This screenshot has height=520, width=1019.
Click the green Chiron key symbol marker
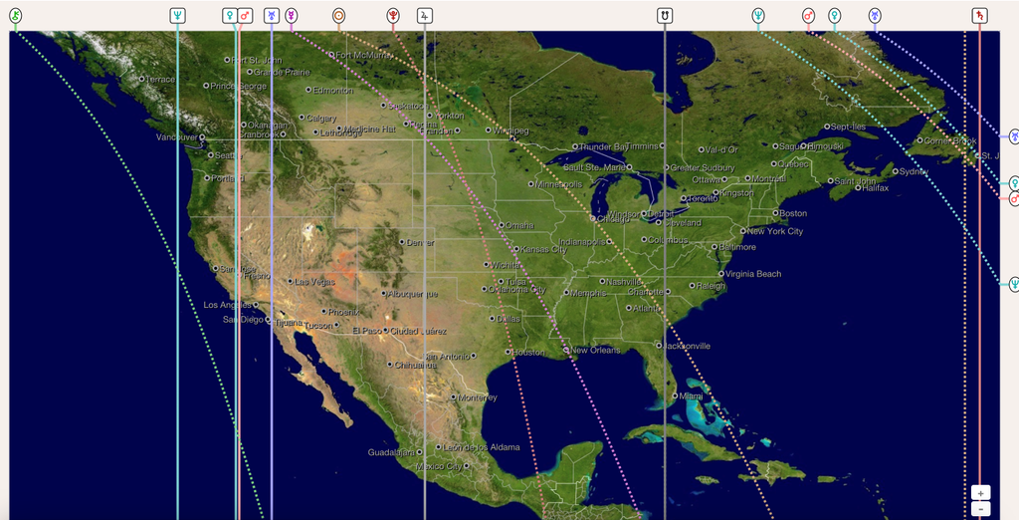(15, 16)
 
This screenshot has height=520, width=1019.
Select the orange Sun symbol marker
(338, 16)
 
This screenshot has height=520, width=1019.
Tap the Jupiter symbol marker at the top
(425, 16)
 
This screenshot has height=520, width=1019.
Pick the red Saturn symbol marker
(979, 16)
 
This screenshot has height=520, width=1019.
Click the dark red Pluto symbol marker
(393, 16)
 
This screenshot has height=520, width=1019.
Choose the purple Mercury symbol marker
(291, 16)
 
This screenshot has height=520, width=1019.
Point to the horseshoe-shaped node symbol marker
(664, 16)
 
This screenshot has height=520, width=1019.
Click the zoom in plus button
(980, 493)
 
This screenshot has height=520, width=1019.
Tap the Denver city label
(420, 242)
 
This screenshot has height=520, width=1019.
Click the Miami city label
(692, 396)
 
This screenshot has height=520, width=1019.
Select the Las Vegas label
(314, 282)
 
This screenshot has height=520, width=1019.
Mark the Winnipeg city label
(511, 130)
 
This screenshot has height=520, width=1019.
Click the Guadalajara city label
(390, 452)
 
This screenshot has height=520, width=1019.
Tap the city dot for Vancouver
(201, 137)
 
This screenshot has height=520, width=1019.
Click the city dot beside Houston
(509, 352)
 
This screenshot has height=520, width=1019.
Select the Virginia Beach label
(753, 274)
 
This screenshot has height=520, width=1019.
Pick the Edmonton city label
(332, 91)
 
